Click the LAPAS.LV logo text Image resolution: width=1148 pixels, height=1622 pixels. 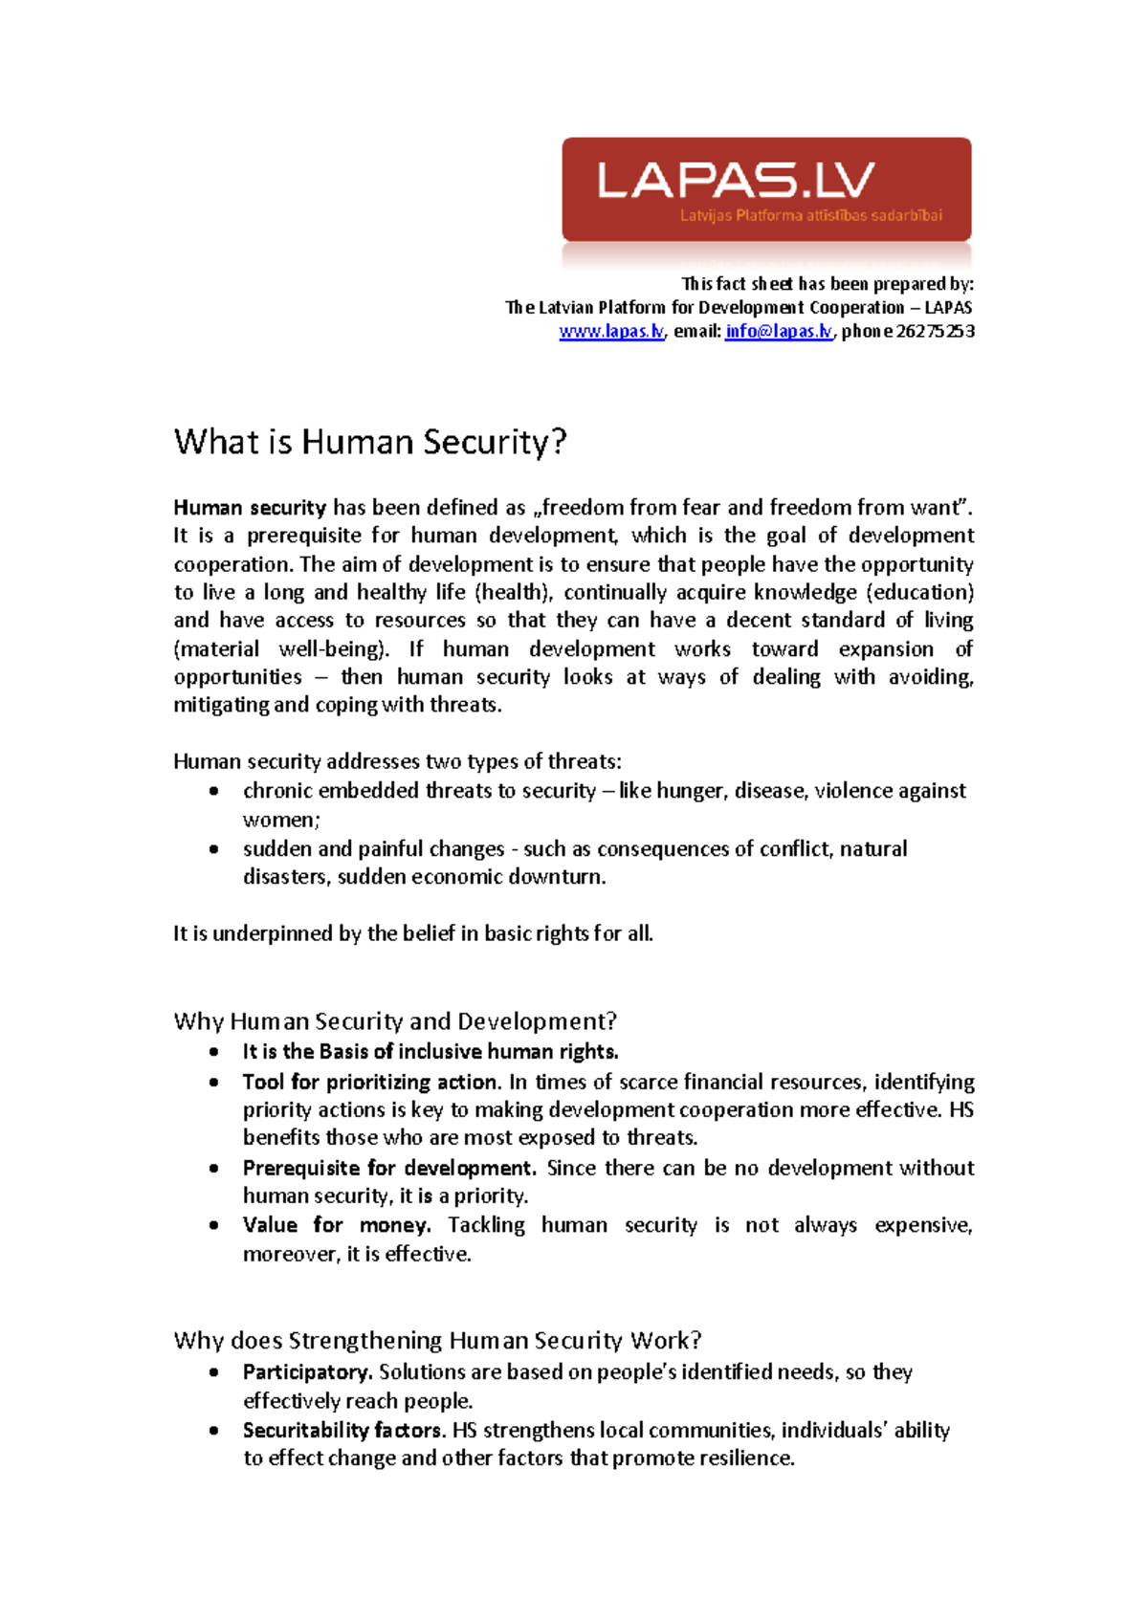(x=736, y=179)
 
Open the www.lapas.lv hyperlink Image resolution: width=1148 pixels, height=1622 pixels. (x=610, y=331)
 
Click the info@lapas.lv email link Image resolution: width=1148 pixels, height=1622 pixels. (x=779, y=331)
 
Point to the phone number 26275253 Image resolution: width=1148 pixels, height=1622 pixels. (x=935, y=331)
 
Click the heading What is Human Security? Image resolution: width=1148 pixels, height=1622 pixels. (x=370, y=442)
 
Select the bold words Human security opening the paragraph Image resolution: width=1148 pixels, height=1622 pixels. (x=250, y=508)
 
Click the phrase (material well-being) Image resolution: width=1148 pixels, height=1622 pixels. (x=281, y=648)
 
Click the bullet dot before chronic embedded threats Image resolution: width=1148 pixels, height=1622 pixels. (x=213, y=791)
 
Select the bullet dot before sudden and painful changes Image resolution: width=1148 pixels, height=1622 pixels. (x=213, y=848)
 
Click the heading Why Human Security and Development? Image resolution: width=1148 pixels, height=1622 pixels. (x=395, y=1021)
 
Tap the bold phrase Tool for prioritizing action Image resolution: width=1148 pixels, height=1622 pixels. (x=371, y=1082)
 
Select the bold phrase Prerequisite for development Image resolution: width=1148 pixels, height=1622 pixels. (x=389, y=1168)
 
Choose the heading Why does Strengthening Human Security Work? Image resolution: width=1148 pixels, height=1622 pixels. (x=438, y=1340)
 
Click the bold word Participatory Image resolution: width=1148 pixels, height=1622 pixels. (x=307, y=1372)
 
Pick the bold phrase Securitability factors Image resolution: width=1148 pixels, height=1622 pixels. (x=343, y=1430)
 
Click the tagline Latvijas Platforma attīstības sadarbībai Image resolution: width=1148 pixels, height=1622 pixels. (x=810, y=215)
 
